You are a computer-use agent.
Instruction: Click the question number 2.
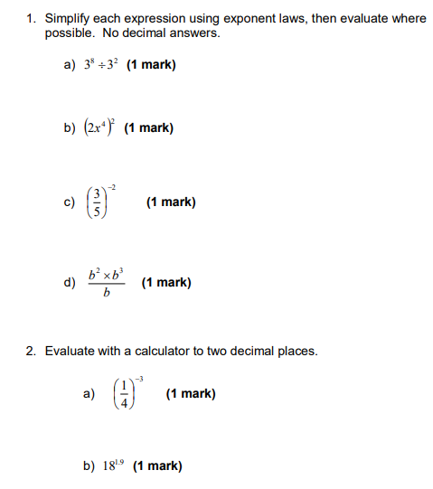(30, 351)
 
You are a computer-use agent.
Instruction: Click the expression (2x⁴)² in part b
(99, 127)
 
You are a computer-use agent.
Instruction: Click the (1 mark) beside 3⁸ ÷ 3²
(152, 65)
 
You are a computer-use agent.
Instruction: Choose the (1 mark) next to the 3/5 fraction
(171, 202)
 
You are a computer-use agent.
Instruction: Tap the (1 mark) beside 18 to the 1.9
(157, 466)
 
